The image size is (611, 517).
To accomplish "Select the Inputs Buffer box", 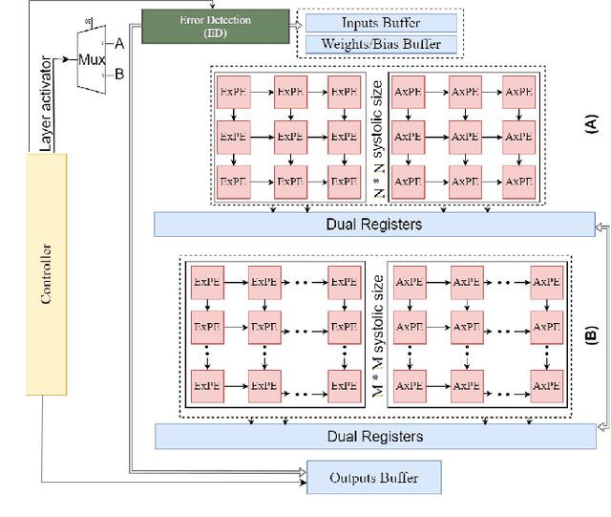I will [x=379, y=22].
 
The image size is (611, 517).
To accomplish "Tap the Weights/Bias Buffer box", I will [x=379, y=44].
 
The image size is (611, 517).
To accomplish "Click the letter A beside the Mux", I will [x=119, y=43].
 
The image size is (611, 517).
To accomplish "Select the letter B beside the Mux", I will [x=119, y=73].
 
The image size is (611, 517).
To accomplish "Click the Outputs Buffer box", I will [x=374, y=477].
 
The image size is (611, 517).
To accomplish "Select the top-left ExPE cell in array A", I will [x=233, y=94].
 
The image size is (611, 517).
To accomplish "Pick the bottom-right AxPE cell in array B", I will [x=544, y=386].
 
